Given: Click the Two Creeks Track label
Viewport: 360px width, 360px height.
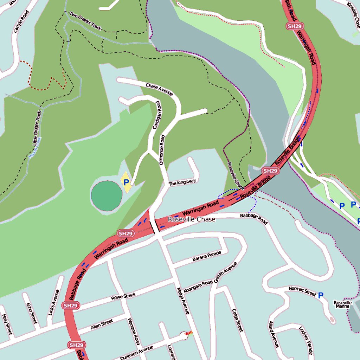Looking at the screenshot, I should [85, 20].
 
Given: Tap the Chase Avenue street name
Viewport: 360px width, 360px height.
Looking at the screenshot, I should [159, 90].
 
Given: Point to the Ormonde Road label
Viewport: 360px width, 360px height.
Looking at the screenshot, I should [162, 150].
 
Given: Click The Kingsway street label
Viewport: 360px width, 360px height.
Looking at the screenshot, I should [182, 182].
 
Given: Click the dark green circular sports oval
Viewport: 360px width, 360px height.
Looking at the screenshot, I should [107, 196].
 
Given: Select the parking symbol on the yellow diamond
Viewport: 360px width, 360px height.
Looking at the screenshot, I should [126, 182].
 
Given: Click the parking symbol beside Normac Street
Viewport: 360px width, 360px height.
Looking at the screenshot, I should [320, 296].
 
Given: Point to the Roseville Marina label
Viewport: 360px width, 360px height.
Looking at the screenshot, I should [343, 304].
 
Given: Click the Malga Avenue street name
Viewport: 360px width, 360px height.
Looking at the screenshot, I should [184, 301].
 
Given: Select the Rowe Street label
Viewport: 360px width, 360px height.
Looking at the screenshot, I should [123, 296].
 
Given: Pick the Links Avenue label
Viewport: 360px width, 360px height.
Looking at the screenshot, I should [53, 302].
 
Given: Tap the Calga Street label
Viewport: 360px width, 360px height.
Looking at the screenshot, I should [237, 320].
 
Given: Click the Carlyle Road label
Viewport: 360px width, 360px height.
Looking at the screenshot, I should [21, 22].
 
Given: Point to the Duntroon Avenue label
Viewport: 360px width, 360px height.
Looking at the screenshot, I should [136, 353].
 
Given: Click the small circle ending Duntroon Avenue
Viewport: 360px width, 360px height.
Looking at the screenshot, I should [184, 336].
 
